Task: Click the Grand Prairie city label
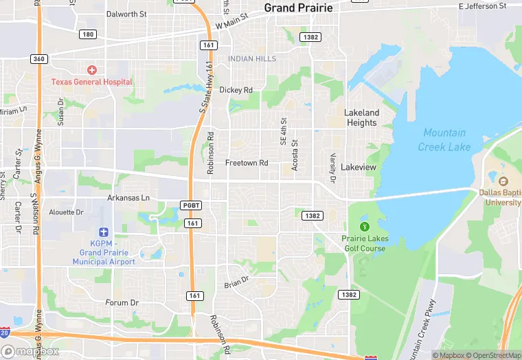pos(298,8)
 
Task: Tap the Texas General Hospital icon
pos(91,70)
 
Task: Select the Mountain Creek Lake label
pos(444,139)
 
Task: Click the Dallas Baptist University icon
pos(503,181)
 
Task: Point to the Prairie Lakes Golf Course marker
pos(364,227)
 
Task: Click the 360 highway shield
pos(39,59)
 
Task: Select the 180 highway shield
pos(87,34)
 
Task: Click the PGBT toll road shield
pos(191,205)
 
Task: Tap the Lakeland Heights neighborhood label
pos(362,117)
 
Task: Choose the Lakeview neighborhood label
pos(359,167)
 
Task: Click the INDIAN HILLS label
pos(252,59)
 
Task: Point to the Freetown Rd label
pos(247,163)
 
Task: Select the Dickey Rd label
pos(236,90)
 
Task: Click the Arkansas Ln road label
pos(128,198)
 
